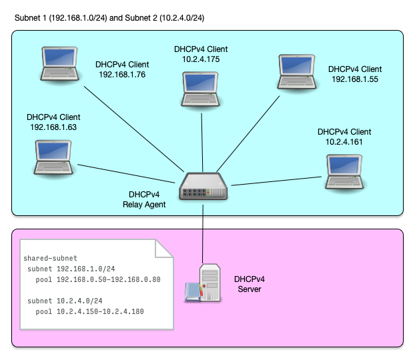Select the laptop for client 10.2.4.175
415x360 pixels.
[201, 88]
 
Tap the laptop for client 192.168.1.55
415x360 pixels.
[297, 72]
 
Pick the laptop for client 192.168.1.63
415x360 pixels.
[53, 157]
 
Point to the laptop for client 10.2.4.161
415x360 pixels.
[344, 171]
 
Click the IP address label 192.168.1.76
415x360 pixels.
[122, 75]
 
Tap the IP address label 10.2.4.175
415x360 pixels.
[201, 59]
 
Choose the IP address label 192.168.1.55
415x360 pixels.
[355, 79]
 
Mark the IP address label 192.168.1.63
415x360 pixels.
[53, 127]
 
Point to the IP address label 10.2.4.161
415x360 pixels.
[344, 142]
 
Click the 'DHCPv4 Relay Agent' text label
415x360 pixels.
[144, 199]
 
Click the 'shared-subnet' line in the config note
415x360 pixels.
[50, 258]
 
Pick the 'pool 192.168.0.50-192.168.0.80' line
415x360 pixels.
[98, 279]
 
